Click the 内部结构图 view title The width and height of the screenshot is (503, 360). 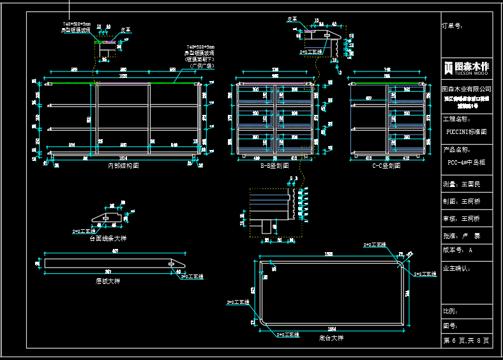point(123,165)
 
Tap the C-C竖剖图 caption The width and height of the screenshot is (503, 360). point(387,165)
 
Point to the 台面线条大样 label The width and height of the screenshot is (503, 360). point(112,237)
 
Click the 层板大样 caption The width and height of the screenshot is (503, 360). point(108,281)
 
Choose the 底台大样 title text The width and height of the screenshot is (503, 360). point(331,337)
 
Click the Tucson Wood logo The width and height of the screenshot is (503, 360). point(467,67)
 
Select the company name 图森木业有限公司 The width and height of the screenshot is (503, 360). point(467,89)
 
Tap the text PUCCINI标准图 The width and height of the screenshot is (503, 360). point(467,132)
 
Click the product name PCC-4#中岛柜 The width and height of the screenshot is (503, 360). point(467,162)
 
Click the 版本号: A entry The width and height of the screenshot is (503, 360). point(458,250)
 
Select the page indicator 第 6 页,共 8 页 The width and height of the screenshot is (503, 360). point(467,341)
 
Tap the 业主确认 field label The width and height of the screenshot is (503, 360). point(456,268)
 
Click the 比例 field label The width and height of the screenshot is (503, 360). point(451,311)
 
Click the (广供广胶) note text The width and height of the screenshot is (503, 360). point(202,66)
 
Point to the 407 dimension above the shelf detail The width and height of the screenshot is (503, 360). point(115,251)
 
